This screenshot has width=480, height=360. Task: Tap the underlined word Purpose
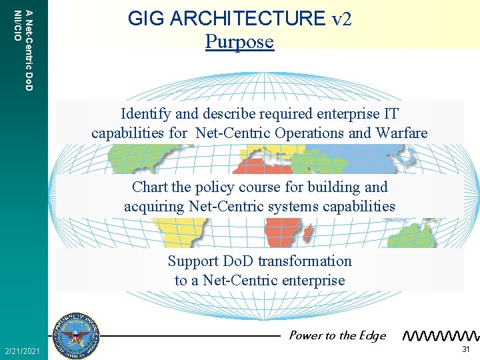tap(239, 41)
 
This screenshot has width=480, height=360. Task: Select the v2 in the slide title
tap(341, 19)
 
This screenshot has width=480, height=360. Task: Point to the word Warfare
tap(402, 133)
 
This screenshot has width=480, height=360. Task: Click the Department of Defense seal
tap(79, 335)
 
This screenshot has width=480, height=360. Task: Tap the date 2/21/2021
tap(22, 351)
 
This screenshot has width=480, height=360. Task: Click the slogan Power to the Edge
tap(337, 335)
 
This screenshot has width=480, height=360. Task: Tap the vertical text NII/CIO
tap(17, 25)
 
